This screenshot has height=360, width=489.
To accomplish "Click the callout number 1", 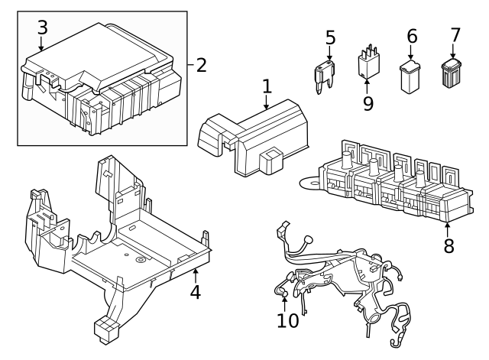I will (266, 87).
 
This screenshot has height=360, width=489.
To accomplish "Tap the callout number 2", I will (201, 64).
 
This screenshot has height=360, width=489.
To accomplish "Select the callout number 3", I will (42, 28).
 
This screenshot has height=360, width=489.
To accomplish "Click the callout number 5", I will (330, 37).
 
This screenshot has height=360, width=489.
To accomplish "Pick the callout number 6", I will (412, 36).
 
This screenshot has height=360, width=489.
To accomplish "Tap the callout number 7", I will (455, 35).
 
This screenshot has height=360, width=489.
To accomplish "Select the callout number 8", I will (449, 245).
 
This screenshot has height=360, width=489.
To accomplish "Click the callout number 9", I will (368, 103).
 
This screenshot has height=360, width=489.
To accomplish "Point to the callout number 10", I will (288, 320).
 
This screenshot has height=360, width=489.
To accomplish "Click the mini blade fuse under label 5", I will (321, 76).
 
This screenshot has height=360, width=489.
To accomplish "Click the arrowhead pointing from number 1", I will (267, 109).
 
